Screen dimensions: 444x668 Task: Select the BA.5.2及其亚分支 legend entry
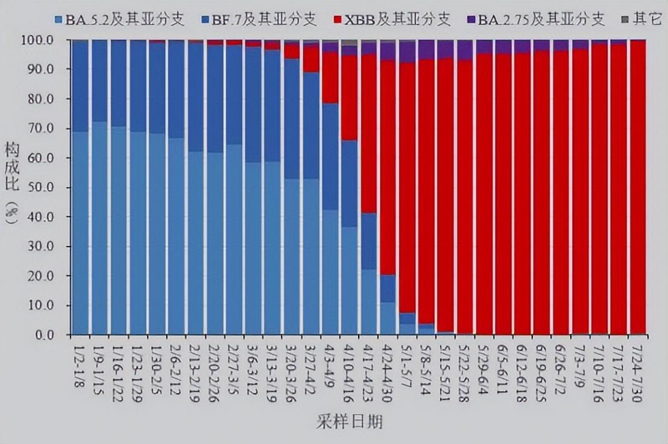[112, 20]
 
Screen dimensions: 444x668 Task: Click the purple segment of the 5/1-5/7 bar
[407, 51]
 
